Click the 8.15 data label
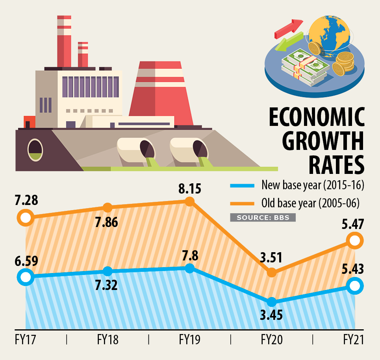pos(189,188)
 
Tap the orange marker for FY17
pos(26,217)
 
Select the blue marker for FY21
pos(355,286)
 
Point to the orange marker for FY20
pos(271,272)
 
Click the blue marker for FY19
pos(189,268)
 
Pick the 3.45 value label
pos(271,316)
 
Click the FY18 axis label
pos(107,339)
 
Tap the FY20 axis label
pos(271,339)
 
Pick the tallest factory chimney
pos(64,41)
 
